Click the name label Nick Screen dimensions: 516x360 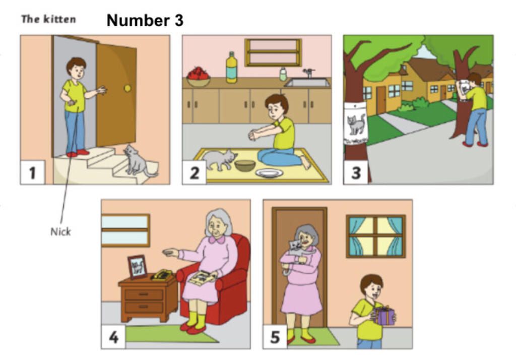tap(60, 232)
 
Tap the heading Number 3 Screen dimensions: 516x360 tap(145, 21)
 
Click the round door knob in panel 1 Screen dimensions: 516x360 tap(127, 88)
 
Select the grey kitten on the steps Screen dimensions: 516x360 tap(138, 161)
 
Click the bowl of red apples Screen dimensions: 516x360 tap(198, 77)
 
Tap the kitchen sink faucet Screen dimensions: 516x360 tap(309, 73)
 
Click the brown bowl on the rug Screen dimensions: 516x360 tap(245, 166)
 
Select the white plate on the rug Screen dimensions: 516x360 tap(269, 173)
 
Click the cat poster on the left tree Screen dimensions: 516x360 tap(355, 124)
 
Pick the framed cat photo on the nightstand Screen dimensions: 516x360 tap(137, 267)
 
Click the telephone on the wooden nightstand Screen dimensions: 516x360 tap(162, 275)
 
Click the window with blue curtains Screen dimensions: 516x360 tap(376, 236)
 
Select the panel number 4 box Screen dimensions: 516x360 tap(113, 337)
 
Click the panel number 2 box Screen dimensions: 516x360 tap(194, 172)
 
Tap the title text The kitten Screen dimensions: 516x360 tap(49, 19)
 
